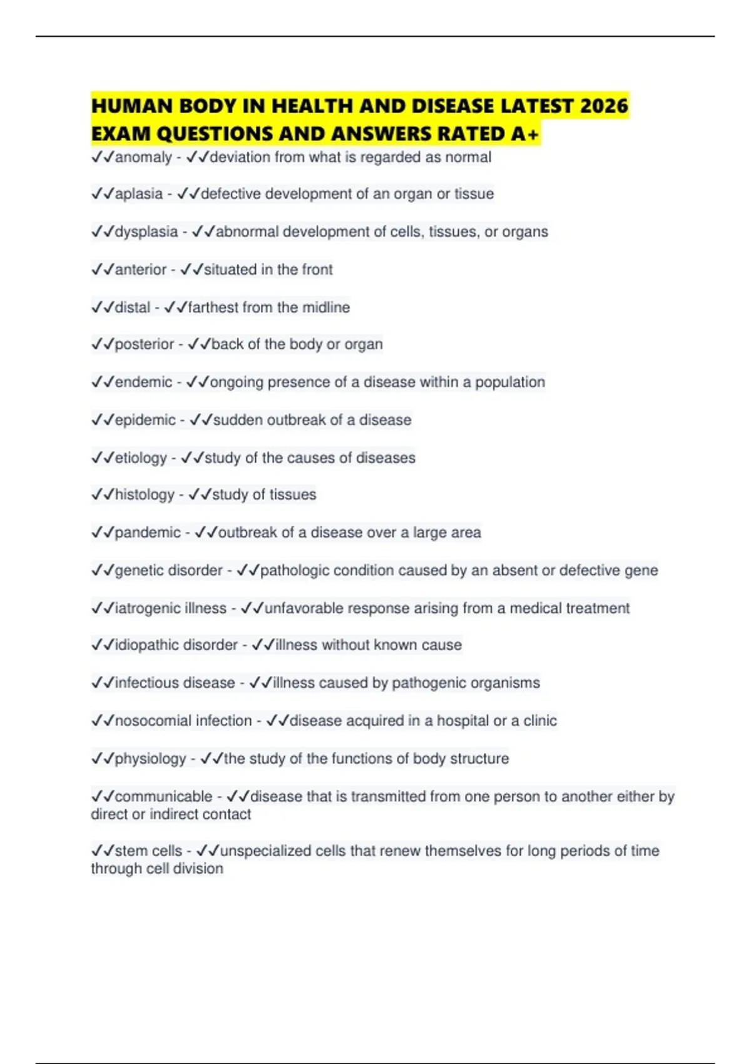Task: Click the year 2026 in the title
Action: click(x=603, y=106)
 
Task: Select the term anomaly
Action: click(x=143, y=157)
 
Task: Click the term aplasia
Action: click(x=139, y=194)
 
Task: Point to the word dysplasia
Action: click(x=146, y=232)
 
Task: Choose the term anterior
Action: click(x=141, y=270)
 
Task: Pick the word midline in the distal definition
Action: click(x=326, y=307)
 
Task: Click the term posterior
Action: click(x=145, y=344)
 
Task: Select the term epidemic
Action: click(x=145, y=420)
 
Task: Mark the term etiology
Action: click(x=141, y=458)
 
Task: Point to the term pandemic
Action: click(x=148, y=533)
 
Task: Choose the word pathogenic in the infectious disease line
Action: click(x=429, y=683)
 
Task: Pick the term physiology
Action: click(x=150, y=759)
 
